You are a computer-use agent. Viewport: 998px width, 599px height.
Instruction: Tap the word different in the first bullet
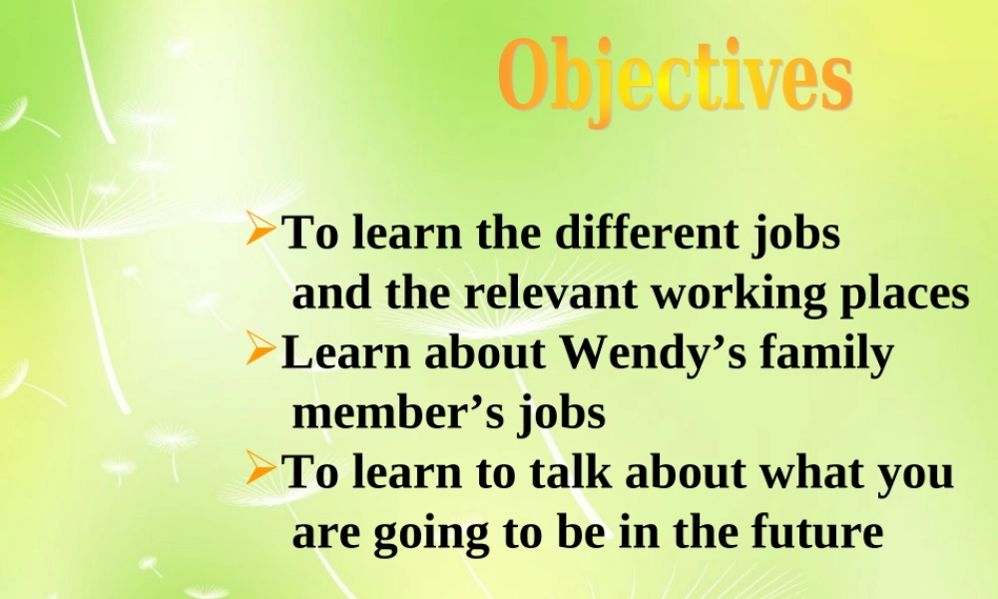click(x=646, y=233)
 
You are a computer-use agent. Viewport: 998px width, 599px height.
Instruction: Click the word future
click(x=818, y=531)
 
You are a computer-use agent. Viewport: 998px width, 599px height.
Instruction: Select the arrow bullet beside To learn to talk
click(x=260, y=468)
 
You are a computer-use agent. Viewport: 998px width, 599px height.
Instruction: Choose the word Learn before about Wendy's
click(x=345, y=352)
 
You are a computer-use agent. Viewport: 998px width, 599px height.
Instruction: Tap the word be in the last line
click(x=581, y=531)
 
